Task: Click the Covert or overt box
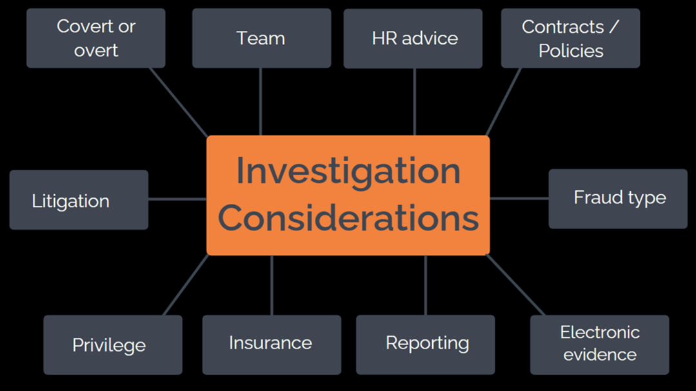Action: coord(95,38)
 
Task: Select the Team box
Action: coord(261,38)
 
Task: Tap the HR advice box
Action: coord(413,38)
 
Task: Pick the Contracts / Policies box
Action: coord(570,38)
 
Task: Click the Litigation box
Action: coord(79,200)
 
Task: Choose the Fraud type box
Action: coord(618,199)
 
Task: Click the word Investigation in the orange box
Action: coord(348,171)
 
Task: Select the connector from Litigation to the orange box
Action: coord(177,199)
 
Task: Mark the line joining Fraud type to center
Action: coord(519,198)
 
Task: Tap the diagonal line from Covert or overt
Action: coord(179,102)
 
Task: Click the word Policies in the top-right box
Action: coord(571,51)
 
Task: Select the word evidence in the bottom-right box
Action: coord(600,354)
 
